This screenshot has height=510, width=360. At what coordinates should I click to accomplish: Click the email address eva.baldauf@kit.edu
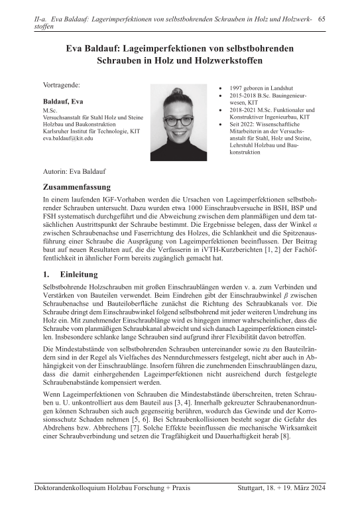(69, 139)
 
